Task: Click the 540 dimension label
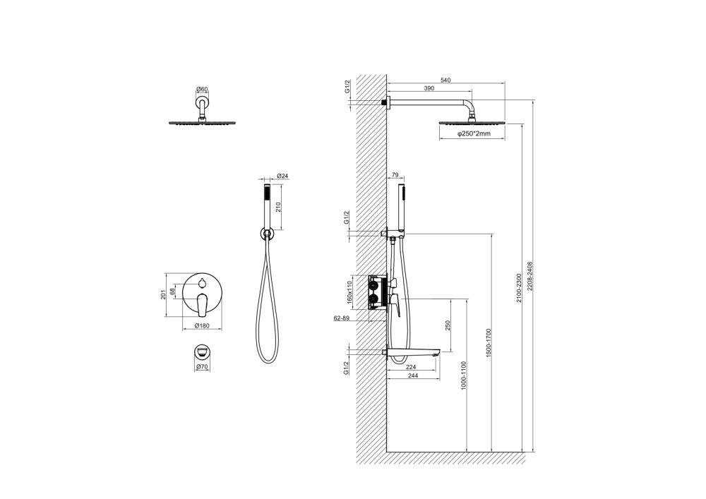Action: (x=445, y=80)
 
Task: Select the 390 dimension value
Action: (x=429, y=89)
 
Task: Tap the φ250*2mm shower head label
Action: (x=474, y=133)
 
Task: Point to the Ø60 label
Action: (x=203, y=90)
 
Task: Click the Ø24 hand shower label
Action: (x=283, y=176)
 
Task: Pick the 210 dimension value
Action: (x=278, y=207)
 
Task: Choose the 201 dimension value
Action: (x=164, y=295)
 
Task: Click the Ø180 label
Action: (x=202, y=325)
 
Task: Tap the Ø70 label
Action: (x=202, y=367)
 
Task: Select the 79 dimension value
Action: (x=395, y=174)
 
